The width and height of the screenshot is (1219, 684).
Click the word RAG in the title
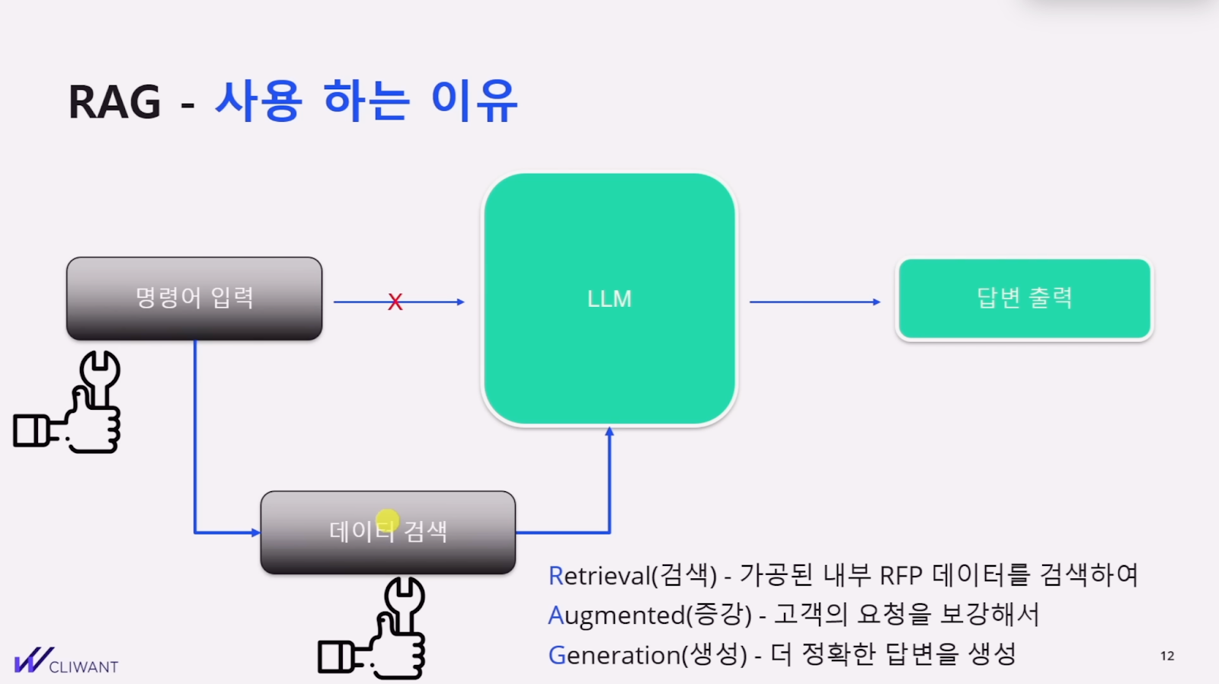[x=115, y=102]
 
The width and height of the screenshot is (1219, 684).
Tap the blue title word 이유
[x=474, y=101]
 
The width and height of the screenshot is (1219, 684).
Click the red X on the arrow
[x=395, y=302]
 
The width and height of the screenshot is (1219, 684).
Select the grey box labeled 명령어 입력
[x=194, y=299]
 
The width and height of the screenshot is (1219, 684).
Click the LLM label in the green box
[x=609, y=299]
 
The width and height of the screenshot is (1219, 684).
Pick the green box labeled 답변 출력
[x=1024, y=299]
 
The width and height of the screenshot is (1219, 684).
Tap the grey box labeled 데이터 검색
[x=388, y=532]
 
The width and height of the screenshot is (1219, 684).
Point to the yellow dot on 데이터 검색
[x=387, y=520]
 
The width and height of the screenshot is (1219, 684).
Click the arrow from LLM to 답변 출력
[x=814, y=302]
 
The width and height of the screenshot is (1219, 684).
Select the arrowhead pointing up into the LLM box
[x=609, y=432]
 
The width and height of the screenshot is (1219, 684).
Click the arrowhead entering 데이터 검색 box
[x=255, y=532]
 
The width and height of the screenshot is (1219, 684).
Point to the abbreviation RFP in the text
[x=901, y=575]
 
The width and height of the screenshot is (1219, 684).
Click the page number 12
[x=1167, y=656]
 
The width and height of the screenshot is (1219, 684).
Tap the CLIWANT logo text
[x=83, y=667]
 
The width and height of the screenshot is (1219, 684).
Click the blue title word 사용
[x=259, y=101]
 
